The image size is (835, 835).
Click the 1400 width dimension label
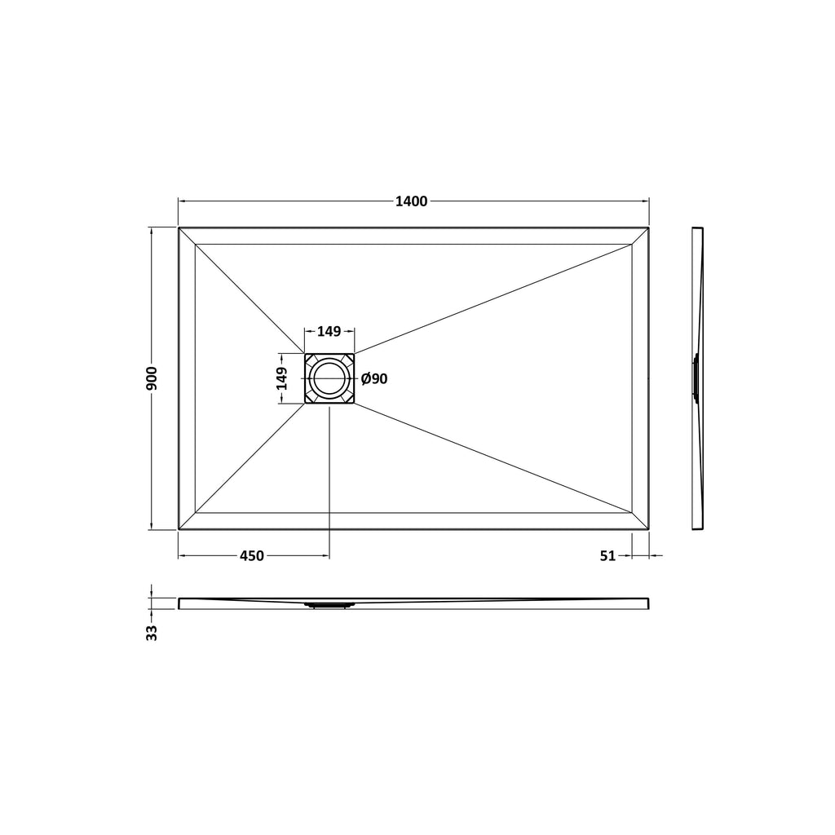[411, 201]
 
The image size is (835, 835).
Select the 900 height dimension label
[152, 378]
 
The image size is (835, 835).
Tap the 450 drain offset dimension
[252, 556]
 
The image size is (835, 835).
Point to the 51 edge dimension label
[607, 556]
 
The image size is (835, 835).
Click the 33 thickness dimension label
[152, 633]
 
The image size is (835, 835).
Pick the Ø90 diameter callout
[374, 379]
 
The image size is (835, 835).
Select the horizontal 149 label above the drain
[329, 331]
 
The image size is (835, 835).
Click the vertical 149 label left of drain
[281, 378]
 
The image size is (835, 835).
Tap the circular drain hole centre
[329, 378]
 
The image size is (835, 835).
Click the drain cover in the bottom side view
[329, 605]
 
